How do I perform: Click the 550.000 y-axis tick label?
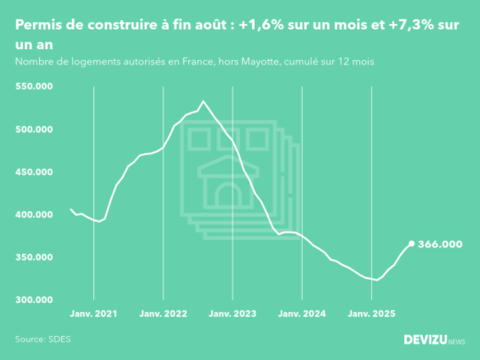click(x=34, y=86)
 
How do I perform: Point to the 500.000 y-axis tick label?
click(x=34, y=129)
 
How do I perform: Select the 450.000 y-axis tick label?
click(x=34, y=172)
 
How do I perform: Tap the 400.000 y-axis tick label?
click(x=34, y=215)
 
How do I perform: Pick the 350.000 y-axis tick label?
click(x=34, y=258)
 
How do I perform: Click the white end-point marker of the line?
click(x=412, y=244)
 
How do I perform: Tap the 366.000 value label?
click(x=440, y=245)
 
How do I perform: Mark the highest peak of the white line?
click(x=203, y=102)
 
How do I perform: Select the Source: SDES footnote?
click(x=42, y=339)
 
